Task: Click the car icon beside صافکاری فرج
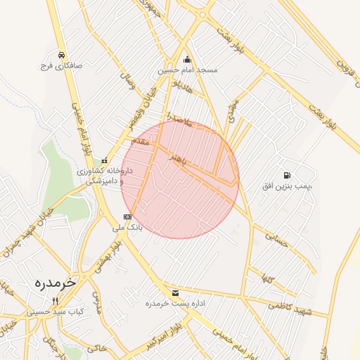[62, 55]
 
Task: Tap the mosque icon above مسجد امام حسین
[187, 60]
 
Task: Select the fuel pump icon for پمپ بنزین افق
[285, 175]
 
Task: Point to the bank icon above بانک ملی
[127, 217]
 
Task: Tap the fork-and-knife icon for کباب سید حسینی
[55, 300]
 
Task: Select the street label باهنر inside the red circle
[179, 160]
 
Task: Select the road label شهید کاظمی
[288, 304]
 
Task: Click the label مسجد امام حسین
[187, 70]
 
